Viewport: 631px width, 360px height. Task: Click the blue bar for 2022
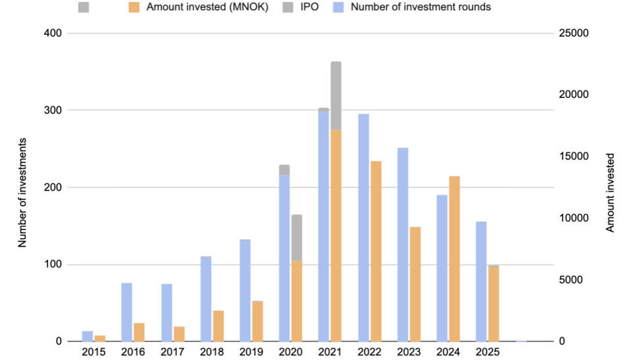coord(363,227)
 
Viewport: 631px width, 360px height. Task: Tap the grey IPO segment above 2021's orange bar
coord(336,95)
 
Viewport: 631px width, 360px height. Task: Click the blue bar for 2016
coord(126,312)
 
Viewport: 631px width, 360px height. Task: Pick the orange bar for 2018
coord(218,326)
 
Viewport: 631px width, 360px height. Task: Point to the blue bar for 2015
coord(87,336)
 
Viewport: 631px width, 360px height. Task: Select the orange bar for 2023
coord(415,284)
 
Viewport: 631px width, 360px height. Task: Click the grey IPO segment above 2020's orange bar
coord(296,237)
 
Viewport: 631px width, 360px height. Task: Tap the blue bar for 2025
coord(481,281)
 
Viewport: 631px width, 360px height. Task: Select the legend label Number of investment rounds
coord(421,7)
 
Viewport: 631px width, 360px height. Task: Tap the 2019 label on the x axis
coord(251,352)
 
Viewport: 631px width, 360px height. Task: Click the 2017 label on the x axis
coord(172,352)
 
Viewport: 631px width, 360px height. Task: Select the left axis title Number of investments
coord(22,192)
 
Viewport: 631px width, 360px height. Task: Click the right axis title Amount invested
coord(610,192)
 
